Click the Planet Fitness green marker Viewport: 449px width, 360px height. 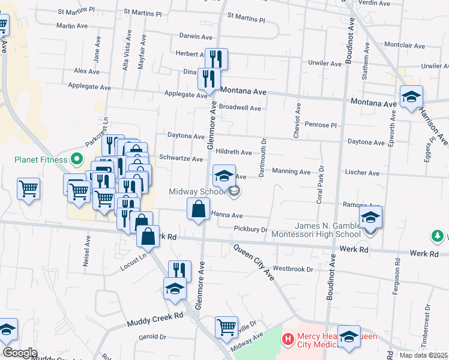pos(76,160)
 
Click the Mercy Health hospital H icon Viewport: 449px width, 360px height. pos(289,340)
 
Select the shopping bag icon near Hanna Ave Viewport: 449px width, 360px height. pos(198,209)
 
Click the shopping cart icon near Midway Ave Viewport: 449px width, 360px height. pos(226,327)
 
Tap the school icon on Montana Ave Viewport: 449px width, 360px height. pos(411,97)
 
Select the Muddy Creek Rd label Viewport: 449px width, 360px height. pos(154,320)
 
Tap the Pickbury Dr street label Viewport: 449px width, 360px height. pos(250,229)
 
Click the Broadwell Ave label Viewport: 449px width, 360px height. pos(240,108)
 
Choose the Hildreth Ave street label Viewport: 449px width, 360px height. pos(234,152)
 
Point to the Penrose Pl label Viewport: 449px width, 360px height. pos(322,125)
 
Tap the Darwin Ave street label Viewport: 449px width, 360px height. pos(192,36)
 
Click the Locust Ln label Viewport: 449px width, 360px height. pos(133,262)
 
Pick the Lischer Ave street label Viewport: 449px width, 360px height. pos(362,173)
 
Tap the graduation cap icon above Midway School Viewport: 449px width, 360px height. pos(224,175)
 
